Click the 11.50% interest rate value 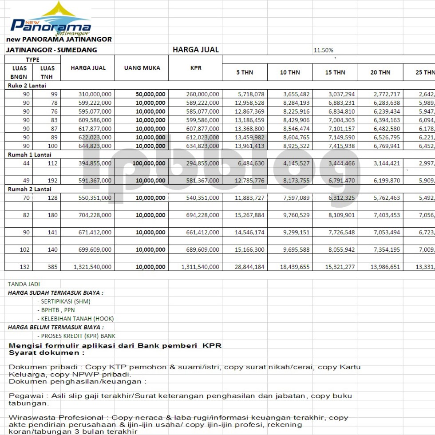(x=323, y=50)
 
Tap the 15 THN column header (x=335, y=72)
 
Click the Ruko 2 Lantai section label (x=27, y=86)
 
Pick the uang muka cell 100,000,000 (x=149, y=163)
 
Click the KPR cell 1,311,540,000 (x=200, y=267)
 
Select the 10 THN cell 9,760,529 (x=295, y=215)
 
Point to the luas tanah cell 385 (x=53, y=267)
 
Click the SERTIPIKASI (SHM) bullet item (x=64, y=301)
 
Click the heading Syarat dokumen (x=47, y=353)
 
